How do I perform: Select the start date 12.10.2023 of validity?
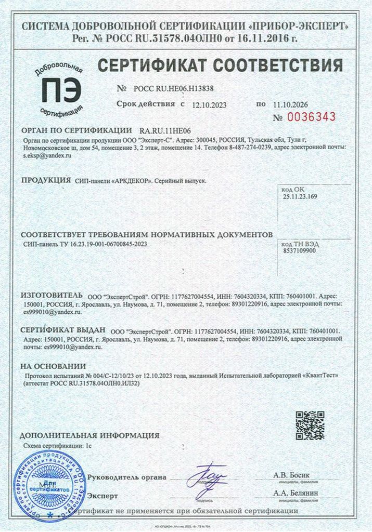pyautogui.click(x=209, y=104)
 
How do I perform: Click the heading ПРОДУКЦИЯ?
pyautogui.click(x=46, y=180)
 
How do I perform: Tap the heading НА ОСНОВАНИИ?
pyautogui.click(x=53, y=366)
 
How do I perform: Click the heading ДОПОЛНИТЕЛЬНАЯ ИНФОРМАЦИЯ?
pyautogui.click(x=89, y=435)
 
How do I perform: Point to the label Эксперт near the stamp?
pyautogui.click(x=102, y=496)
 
